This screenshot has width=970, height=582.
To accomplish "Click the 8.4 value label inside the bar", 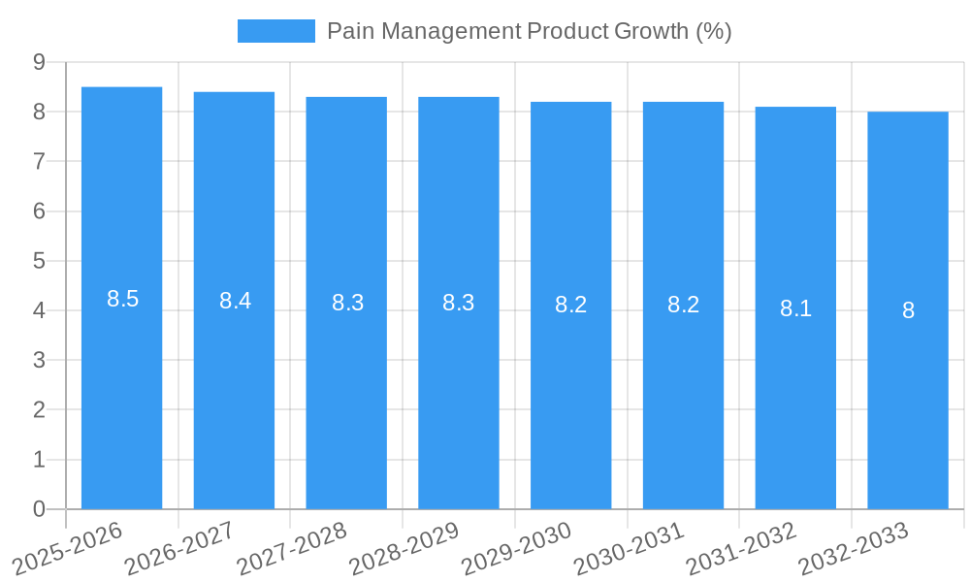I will coord(235,301).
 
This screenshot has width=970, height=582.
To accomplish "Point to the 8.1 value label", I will coord(795,308).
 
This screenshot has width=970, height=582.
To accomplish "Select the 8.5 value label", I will coord(123,299).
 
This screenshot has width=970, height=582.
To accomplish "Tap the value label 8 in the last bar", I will coord(908,310).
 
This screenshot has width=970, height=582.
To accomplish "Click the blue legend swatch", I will coord(276,31).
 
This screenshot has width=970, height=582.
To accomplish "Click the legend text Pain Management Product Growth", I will coord(529,31).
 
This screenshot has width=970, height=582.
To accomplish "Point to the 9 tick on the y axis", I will coord(39,62).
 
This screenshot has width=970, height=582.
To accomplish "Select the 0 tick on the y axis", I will coord(39,508).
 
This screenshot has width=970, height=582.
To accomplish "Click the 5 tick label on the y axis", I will coord(39,261).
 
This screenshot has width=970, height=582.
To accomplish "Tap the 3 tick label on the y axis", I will coord(39,360).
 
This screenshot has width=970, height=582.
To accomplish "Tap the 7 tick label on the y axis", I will coord(39,161).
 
